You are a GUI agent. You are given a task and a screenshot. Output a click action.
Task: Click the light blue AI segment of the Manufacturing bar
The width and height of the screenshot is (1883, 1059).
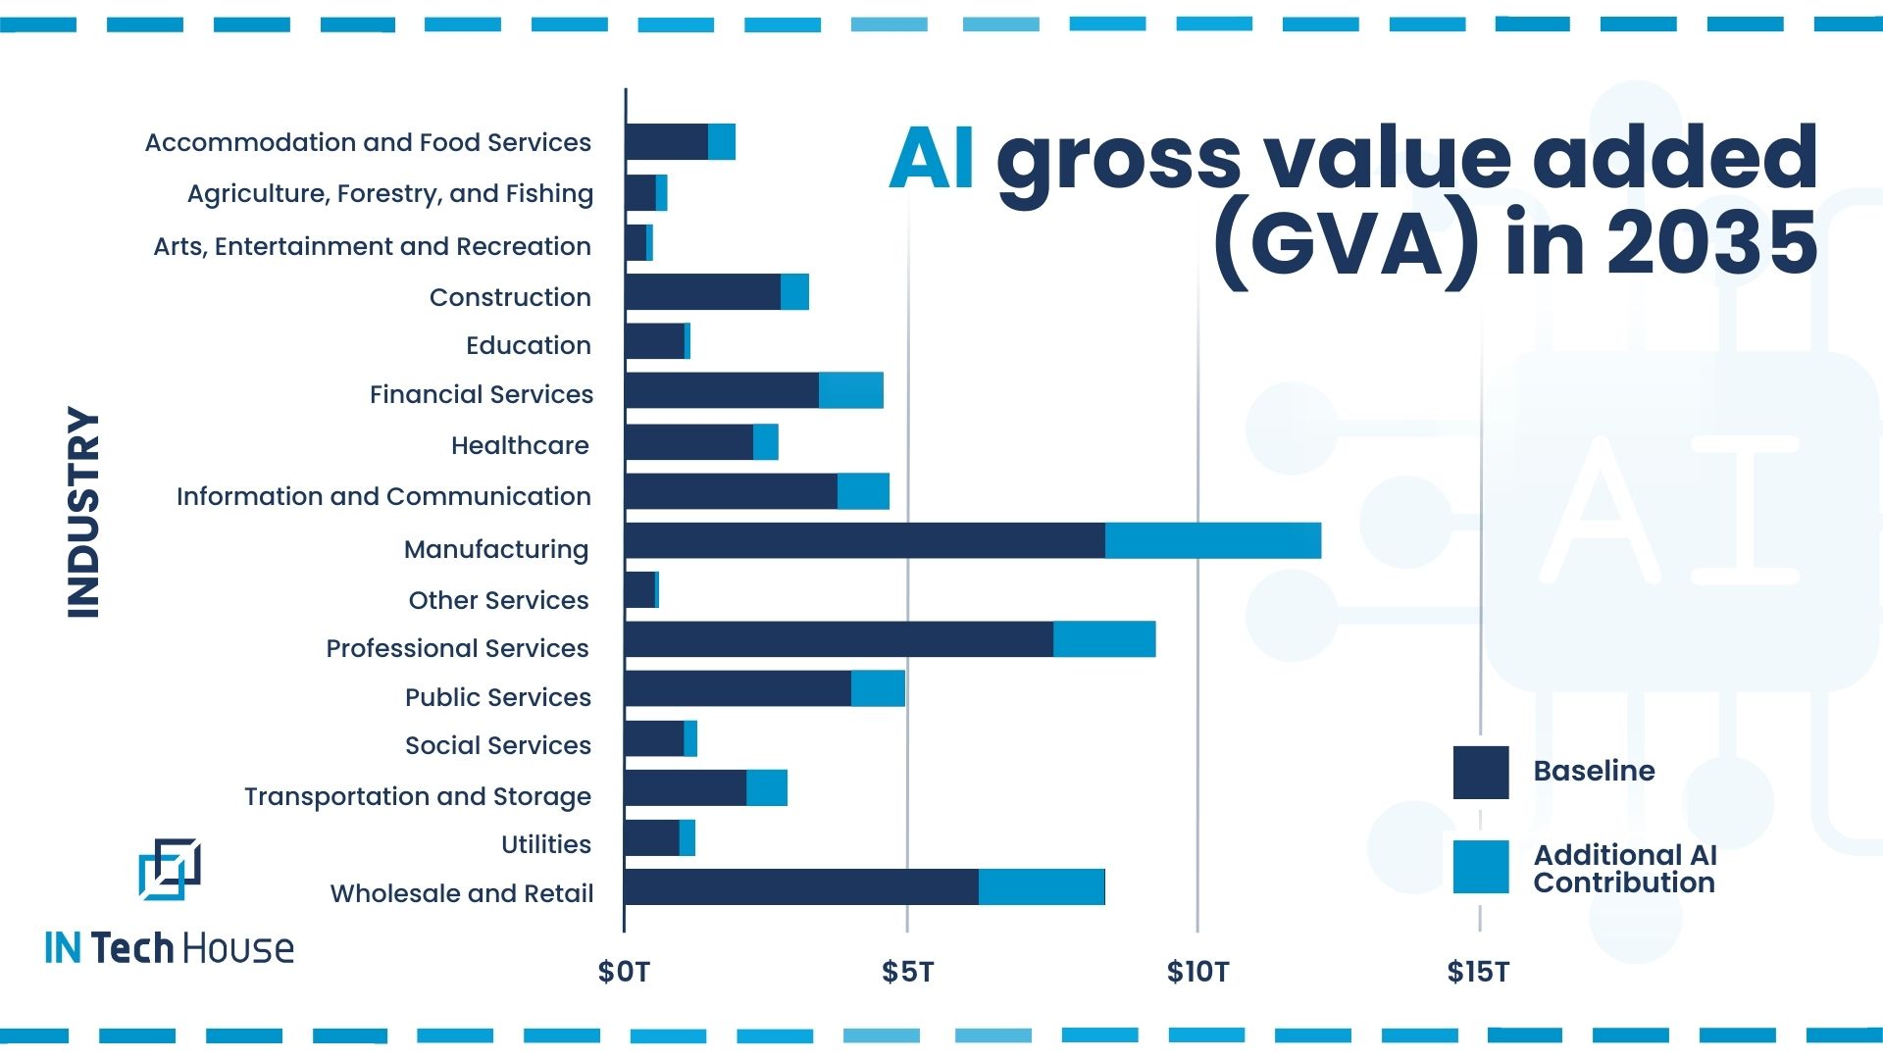1212,541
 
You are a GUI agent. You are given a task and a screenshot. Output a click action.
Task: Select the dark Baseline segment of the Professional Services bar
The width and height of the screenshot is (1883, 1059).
839,639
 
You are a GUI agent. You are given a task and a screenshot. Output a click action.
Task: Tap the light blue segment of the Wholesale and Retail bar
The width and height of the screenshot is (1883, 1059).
1041,886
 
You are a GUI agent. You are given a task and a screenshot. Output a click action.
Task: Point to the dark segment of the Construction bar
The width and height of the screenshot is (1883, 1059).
702,292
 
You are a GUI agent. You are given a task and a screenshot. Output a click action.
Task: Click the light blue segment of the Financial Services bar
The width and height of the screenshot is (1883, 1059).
850,390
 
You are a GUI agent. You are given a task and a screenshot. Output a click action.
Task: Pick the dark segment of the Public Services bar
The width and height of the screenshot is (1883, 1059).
738,688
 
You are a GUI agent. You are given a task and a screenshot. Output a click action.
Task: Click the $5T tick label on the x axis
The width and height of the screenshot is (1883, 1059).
907,972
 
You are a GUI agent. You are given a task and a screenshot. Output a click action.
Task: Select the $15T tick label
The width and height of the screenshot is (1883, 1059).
1478,972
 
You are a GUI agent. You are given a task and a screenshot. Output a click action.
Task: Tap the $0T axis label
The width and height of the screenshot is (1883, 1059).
624,972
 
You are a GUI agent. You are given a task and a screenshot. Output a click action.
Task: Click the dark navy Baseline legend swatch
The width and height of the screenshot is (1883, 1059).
1480,772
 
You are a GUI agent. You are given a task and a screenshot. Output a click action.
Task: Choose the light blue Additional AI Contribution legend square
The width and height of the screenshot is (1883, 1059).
1480,867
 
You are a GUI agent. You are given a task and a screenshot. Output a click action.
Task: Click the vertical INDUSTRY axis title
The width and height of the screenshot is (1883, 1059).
84,512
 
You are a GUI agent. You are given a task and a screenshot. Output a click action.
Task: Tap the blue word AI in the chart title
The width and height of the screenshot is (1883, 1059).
932,159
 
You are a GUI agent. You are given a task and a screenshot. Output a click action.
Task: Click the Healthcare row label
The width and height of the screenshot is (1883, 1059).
520,445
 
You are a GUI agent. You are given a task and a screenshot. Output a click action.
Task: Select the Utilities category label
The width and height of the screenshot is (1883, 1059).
545,844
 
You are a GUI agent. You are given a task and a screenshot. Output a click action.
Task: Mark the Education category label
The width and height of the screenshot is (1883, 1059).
528,345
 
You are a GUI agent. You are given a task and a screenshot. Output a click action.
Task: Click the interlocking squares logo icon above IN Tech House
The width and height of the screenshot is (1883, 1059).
170,869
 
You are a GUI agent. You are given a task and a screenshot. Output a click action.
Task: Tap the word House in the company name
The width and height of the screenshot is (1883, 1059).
237,948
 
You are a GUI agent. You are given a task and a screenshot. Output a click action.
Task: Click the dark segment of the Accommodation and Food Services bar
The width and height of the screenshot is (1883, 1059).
666,142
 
